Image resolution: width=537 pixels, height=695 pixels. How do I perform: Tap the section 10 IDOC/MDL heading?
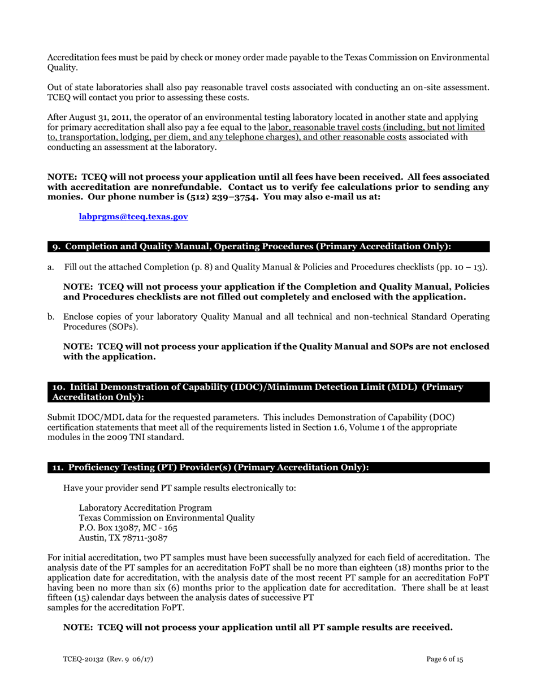click(x=257, y=392)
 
